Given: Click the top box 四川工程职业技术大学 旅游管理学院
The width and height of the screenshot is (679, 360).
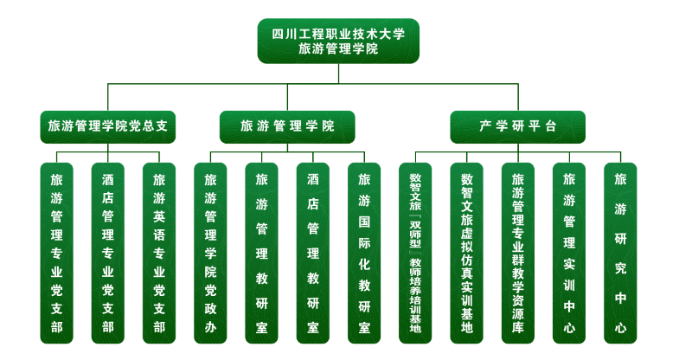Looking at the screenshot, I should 338,42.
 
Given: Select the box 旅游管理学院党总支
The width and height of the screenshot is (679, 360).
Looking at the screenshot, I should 108,126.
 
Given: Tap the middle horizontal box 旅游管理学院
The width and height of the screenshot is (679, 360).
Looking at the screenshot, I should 287,126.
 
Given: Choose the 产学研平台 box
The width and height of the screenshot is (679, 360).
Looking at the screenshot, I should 517,126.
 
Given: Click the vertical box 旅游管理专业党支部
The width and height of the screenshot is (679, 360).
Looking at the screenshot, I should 56,253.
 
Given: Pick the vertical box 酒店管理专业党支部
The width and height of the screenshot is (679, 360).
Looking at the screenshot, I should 107,253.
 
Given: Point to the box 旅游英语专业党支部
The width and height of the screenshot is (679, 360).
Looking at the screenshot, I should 158,253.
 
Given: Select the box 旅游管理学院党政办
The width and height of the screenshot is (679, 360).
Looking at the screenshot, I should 210,253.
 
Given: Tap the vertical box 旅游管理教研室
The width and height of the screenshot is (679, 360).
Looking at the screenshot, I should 261,253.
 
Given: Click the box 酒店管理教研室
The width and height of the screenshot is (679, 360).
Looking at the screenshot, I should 312,253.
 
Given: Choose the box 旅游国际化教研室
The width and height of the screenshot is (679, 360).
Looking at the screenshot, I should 364,253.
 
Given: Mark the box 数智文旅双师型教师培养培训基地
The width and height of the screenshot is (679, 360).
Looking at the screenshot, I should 415,253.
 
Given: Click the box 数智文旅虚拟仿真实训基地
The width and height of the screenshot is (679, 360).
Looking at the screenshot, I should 466,253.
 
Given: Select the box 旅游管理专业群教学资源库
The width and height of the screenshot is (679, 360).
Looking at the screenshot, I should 518,253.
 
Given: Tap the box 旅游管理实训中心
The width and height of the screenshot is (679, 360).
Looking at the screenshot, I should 568,253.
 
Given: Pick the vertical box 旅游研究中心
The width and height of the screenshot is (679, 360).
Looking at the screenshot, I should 620,253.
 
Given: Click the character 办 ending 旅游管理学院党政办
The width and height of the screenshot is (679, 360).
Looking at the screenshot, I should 210,328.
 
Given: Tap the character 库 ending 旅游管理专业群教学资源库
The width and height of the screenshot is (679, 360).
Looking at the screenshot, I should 518,328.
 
